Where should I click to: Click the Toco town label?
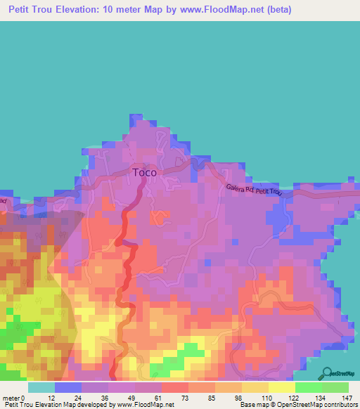pyautogui.click(x=145, y=171)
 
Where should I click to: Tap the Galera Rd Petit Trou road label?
pyautogui.click(x=259, y=190)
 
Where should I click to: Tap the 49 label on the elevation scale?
pyautogui.click(x=134, y=398)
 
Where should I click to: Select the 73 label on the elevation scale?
pyautogui.click(x=188, y=398)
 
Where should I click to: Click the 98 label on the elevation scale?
pyautogui.click(x=241, y=398)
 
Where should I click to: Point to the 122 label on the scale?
pyautogui.click(x=295, y=398)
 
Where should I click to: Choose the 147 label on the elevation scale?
pyautogui.click(x=347, y=398)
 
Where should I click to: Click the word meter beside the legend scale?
pyautogui.click(x=13, y=398)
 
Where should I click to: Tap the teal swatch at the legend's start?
pyautogui.click(x=41, y=387)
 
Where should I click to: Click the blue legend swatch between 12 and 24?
pyautogui.click(x=67, y=387)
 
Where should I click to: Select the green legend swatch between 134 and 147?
pyautogui.click(x=335, y=387)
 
